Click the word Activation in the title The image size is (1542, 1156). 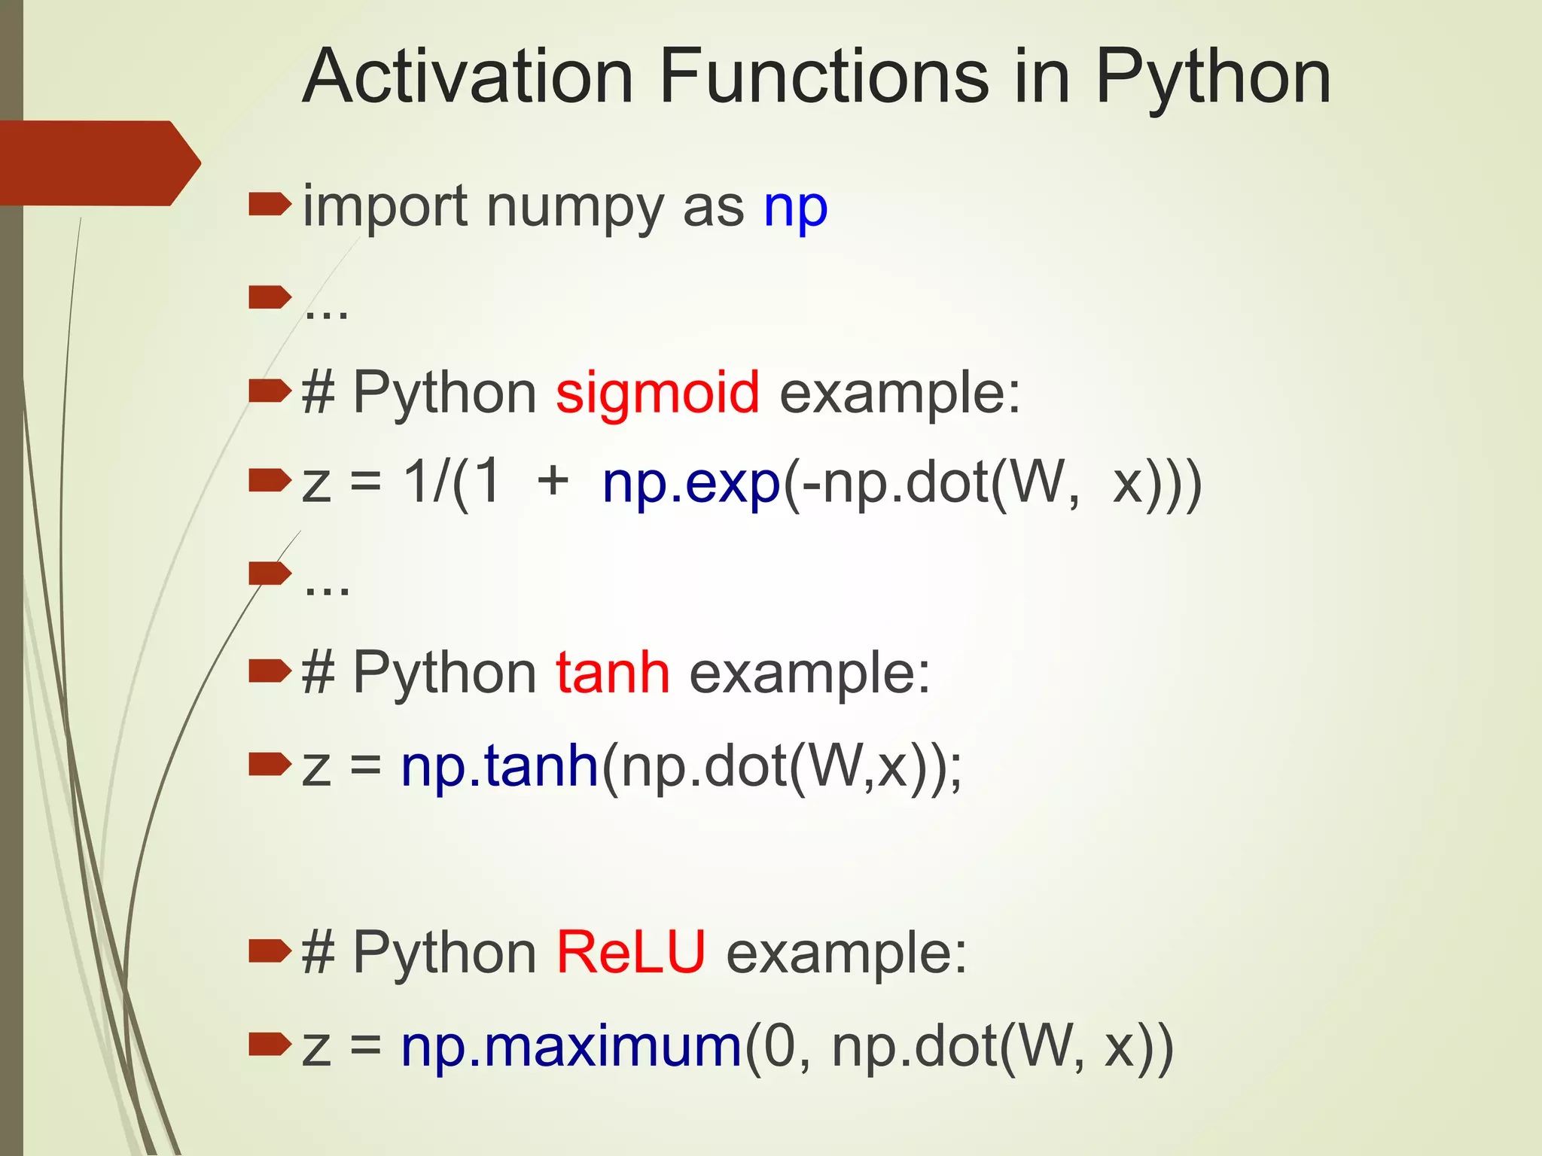(x=468, y=77)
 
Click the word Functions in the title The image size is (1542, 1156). (x=824, y=77)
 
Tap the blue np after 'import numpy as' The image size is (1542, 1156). (x=795, y=208)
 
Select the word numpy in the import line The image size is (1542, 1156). (x=577, y=208)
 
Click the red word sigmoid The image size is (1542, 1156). (x=657, y=392)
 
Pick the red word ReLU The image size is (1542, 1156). (x=631, y=952)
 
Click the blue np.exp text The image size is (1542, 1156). (x=691, y=483)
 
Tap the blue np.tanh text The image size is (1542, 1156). (x=499, y=766)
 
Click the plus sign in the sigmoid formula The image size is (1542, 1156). (x=553, y=482)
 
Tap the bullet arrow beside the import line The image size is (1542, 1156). (x=269, y=203)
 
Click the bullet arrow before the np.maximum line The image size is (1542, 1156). (x=269, y=1043)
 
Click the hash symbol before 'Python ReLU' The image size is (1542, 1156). (x=318, y=952)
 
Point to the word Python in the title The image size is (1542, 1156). (x=1212, y=78)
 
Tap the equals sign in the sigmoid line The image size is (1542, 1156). (x=366, y=483)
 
